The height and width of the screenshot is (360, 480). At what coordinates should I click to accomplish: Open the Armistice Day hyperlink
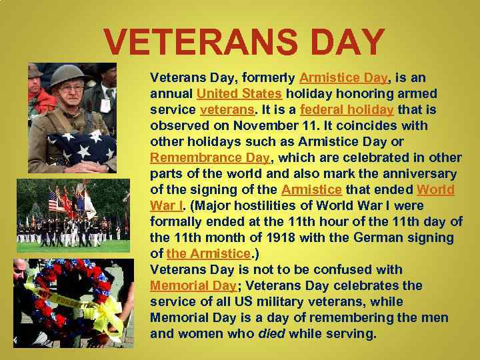pos(343,77)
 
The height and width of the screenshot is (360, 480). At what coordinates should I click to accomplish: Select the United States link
pos(239,93)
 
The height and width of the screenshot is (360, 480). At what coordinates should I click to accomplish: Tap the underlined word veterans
pos(226,109)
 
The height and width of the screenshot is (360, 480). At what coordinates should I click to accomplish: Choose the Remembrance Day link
pos(210,157)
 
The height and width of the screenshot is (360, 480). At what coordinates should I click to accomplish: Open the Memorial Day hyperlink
pos(193,285)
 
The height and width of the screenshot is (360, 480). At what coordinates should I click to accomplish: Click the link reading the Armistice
pos(208,253)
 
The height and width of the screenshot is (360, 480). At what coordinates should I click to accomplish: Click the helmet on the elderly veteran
pos(67,75)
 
